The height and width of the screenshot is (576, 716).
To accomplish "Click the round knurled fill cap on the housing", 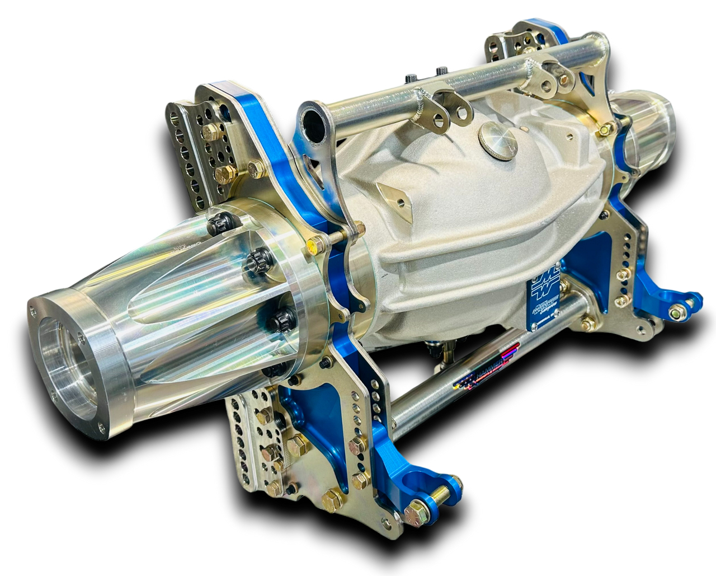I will click(x=498, y=140).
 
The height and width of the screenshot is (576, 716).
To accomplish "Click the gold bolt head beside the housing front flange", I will click(x=314, y=245).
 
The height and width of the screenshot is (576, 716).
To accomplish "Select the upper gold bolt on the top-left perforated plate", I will click(x=211, y=132).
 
